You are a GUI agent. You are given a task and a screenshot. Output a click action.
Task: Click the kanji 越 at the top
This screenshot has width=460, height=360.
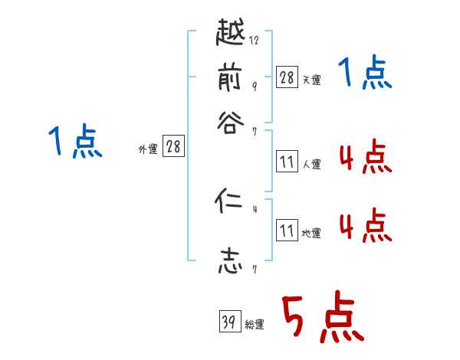pos(231,34)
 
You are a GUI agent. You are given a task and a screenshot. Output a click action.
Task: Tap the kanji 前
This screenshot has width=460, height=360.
pos(231,79)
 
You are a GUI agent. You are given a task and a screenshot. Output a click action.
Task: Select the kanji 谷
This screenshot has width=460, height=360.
pos(230,123)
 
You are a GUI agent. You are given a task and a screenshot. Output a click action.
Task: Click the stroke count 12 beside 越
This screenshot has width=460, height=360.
pos(255,41)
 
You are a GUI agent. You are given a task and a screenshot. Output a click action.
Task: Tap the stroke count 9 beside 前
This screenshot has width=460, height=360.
pos(254,86)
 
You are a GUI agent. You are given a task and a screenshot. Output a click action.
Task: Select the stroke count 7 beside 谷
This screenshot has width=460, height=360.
pos(254,131)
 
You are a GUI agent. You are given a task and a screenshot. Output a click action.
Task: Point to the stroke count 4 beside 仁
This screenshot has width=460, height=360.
pos(254,209)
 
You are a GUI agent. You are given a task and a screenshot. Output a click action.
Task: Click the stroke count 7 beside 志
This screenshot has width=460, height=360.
pos(254,269)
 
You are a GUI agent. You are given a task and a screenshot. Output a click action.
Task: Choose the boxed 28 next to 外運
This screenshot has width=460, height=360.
pos(173,146)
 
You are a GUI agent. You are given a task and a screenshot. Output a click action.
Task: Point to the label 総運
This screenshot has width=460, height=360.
pos(255,325)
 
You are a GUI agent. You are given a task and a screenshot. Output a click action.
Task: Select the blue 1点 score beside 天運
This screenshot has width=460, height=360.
pos(365,75)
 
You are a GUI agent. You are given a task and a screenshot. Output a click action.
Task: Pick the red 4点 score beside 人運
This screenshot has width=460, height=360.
pos(365,159)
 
